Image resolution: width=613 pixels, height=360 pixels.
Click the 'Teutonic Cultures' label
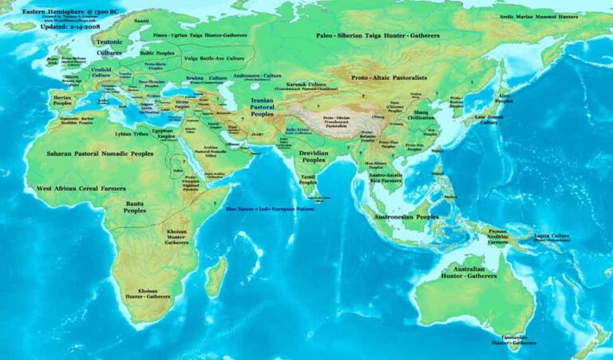click(x=109, y=46)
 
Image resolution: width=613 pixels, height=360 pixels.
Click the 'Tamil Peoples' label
click(x=308, y=180)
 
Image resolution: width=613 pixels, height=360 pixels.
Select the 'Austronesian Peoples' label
click(x=406, y=216)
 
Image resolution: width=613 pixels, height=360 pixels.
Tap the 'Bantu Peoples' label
click(x=135, y=208)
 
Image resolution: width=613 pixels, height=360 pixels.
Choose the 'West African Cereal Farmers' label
click(x=81, y=188)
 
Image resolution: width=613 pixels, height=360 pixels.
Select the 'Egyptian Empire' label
click(x=163, y=133)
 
